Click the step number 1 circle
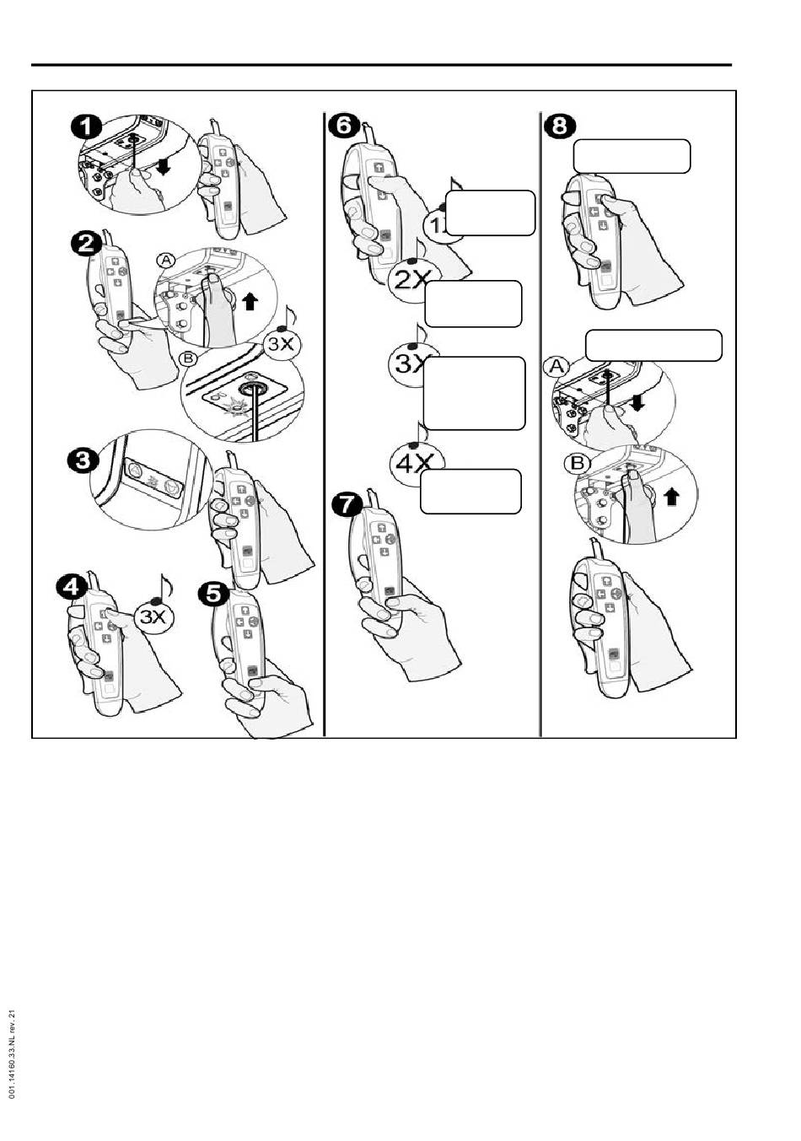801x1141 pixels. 87,129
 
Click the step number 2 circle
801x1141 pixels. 87,244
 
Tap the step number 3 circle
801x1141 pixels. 83,460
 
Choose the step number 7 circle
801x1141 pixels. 347,505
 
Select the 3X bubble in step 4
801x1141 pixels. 153,617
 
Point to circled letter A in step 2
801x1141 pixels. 166,261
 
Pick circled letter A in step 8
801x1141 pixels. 557,367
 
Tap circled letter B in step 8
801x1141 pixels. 578,463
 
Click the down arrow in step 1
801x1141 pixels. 163,167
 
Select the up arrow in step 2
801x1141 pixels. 250,301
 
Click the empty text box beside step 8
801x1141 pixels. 632,156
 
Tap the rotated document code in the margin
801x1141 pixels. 13,1054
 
